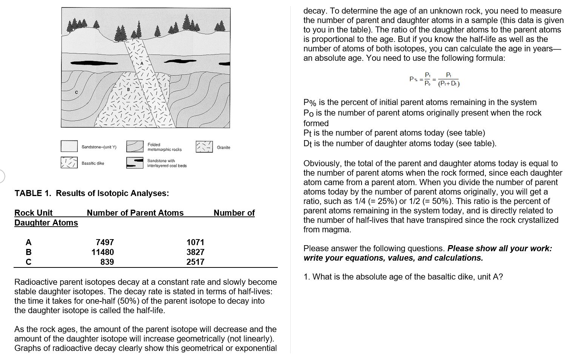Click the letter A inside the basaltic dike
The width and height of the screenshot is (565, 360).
(142, 63)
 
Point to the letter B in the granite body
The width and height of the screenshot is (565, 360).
(128, 90)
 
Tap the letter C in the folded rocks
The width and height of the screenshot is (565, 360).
(76, 92)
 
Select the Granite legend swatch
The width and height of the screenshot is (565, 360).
(204, 147)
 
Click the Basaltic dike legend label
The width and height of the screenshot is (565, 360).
(93, 163)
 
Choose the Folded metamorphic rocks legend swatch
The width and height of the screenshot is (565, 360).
(135, 147)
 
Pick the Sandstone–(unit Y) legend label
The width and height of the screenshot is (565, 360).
(99, 147)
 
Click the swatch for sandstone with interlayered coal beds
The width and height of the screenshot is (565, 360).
(135, 163)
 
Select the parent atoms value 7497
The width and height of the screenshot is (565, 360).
(105, 242)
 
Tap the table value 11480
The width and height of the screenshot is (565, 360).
(103, 252)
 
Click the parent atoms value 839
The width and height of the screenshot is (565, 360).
(107, 262)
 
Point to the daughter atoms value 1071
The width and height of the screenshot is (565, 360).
(195, 242)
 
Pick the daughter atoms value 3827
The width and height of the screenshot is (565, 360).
(195, 252)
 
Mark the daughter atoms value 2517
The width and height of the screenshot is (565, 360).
(195, 262)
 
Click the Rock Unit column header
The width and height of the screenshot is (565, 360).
(33, 213)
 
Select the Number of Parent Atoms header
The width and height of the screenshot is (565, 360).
(135, 213)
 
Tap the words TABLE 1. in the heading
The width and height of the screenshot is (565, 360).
(33, 193)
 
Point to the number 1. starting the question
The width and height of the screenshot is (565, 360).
(307, 277)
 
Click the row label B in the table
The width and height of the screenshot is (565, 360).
(28, 252)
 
